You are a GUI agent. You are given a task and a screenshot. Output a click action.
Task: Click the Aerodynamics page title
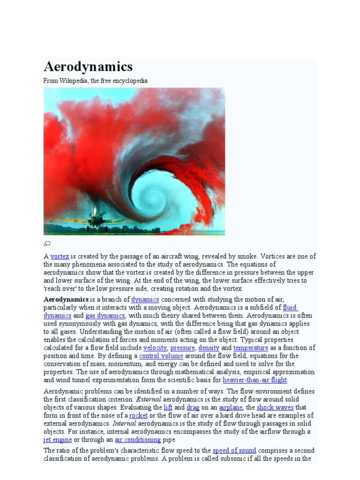[x=88, y=66]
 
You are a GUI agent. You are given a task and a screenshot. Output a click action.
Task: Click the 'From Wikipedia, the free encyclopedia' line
[x=96, y=81]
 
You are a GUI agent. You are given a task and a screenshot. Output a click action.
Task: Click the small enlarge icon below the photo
[x=47, y=244]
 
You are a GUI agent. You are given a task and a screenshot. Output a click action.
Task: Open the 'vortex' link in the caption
[x=60, y=256]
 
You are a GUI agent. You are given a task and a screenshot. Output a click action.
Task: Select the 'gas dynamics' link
[x=105, y=316]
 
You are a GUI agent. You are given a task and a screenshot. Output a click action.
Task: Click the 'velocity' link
[x=155, y=348]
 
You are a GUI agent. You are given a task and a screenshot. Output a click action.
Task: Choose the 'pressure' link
[x=182, y=348]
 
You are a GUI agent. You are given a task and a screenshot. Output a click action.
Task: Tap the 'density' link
[x=209, y=348]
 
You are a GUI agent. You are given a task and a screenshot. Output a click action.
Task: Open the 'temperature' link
[x=251, y=348]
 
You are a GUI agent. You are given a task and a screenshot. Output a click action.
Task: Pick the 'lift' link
[x=168, y=407]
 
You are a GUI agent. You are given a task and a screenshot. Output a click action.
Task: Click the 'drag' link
[x=193, y=407]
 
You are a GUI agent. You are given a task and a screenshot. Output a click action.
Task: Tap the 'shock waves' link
[x=275, y=407]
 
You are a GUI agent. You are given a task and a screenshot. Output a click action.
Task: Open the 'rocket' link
[x=138, y=415]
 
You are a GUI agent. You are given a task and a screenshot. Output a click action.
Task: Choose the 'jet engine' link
[x=58, y=440]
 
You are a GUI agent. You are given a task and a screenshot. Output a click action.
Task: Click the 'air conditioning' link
[x=138, y=440]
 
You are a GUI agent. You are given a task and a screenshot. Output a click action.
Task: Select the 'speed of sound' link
[x=234, y=450]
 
